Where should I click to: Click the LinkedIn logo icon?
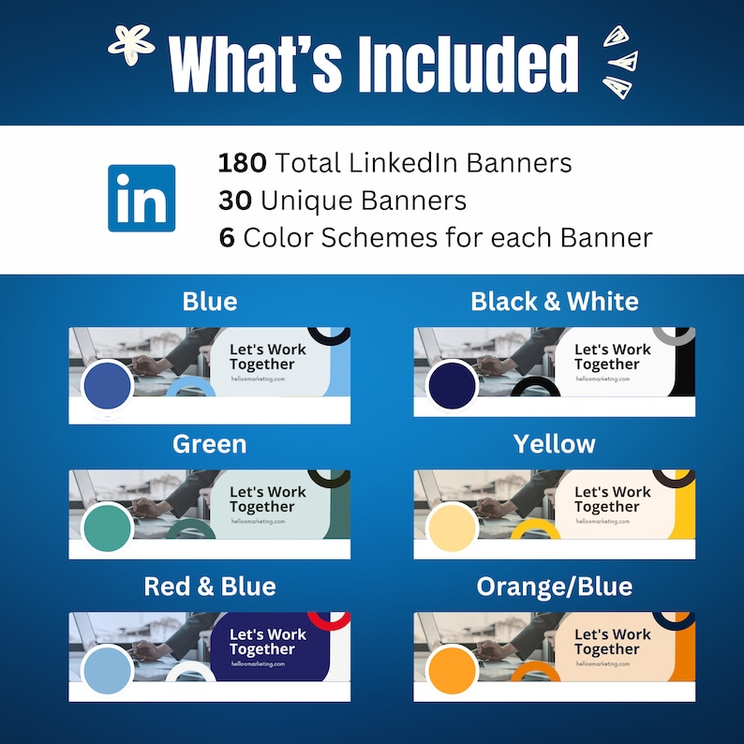pyautogui.click(x=141, y=198)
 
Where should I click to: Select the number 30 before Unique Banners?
pyautogui.click(x=235, y=201)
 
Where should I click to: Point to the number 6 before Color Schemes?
pyautogui.click(x=227, y=238)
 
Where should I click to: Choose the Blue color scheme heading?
pyautogui.click(x=210, y=302)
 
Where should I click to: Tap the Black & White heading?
pyautogui.click(x=555, y=302)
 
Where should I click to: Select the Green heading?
pyautogui.click(x=210, y=444)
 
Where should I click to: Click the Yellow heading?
pyautogui.click(x=555, y=444)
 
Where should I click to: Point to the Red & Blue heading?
pyautogui.click(x=210, y=587)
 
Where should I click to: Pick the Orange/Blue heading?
pyautogui.click(x=555, y=587)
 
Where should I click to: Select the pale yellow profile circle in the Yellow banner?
pyautogui.click(x=452, y=528)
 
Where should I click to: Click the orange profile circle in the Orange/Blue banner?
pyautogui.click(x=452, y=670)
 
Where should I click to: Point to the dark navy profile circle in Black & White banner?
pyautogui.click(x=452, y=385)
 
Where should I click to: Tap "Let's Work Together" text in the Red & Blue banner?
pyautogui.click(x=262, y=642)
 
